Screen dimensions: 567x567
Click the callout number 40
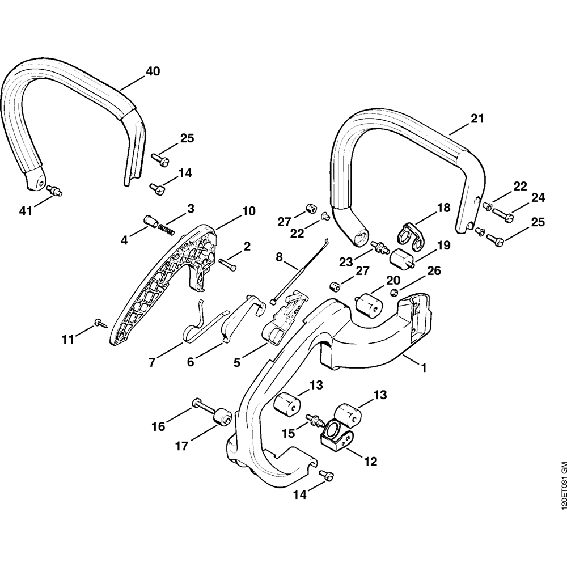(x=153, y=71)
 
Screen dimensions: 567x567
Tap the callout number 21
(x=477, y=119)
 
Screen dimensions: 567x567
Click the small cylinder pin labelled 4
(x=153, y=220)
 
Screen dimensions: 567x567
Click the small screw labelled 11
(x=100, y=322)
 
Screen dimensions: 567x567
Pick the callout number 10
(x=248, y=211)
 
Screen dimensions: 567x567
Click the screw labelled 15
(x=312, y=420)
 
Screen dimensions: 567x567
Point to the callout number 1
(x=422, y=367)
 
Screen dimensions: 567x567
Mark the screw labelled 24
(x=503, y=215)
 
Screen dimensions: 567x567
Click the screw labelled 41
(x=56, y=191)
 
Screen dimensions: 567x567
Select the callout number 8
(x=279, y=257)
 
